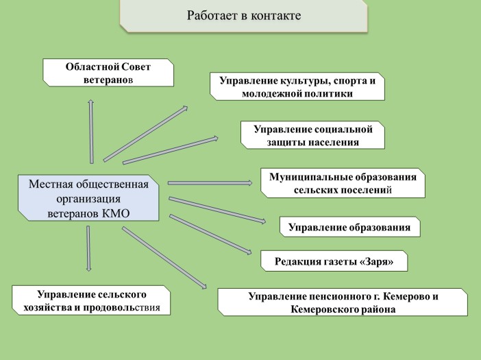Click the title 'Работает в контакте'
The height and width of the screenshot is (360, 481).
[244, 15]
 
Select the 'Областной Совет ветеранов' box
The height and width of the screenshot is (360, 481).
[108, 73]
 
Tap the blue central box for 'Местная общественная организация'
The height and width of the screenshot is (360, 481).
[88, 198]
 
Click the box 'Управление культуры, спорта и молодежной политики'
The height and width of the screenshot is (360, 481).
[297, 86]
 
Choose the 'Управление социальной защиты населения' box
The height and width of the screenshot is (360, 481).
[312, 135]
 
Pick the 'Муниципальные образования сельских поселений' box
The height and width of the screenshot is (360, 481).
[343, 183]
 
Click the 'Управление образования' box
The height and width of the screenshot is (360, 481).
[349, 227]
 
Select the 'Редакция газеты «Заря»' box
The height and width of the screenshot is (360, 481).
[334, 261]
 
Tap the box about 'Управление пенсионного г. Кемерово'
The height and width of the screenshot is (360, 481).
[343, 302]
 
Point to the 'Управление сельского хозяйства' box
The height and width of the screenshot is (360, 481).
[91, 300]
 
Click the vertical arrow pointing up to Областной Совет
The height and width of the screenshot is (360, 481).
[91, 132]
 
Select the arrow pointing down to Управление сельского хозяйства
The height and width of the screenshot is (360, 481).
[88, 249]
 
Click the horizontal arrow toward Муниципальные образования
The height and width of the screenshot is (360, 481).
[210, 183]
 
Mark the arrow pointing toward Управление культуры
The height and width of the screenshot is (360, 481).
[145, 134]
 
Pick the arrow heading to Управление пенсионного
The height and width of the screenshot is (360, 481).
[164, 258]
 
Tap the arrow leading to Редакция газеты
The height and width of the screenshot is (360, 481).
[210, 235]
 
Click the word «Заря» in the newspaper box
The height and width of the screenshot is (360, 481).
[376, 261]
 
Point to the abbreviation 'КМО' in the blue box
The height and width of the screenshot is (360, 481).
[116, 213]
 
